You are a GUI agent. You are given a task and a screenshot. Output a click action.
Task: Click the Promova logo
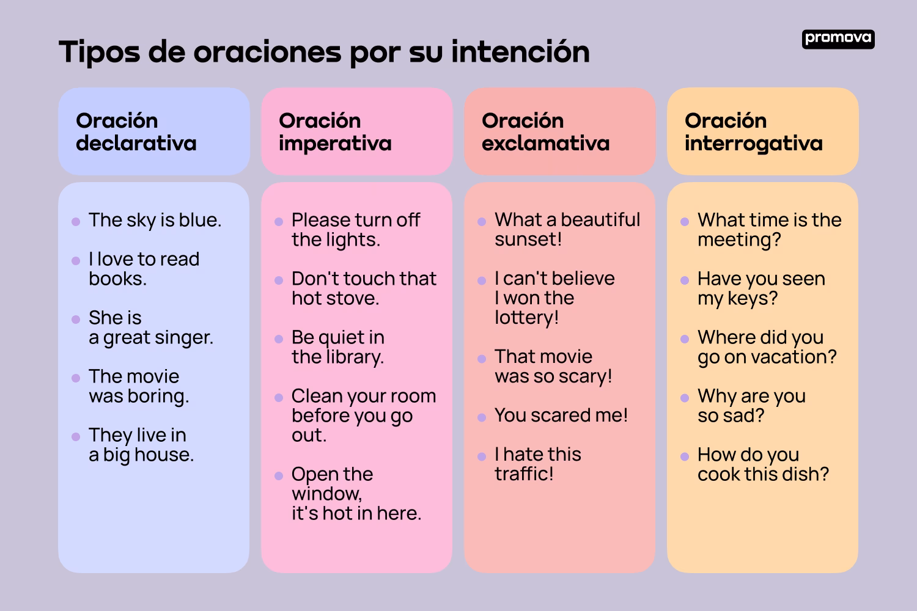point(838,39)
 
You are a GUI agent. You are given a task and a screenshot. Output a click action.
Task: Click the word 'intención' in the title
point(520,52)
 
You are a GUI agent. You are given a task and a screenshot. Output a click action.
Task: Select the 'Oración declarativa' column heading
point(136,132)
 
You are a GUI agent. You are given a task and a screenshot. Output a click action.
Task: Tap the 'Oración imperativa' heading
point(335,132)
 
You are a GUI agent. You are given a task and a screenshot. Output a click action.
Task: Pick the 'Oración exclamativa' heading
point(545,132)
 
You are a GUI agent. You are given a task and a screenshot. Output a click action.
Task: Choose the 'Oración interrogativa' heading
point(753,132)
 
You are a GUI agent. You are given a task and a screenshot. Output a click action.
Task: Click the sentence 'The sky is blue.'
point(155,220)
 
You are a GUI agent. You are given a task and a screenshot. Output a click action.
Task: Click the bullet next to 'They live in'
point(76,437)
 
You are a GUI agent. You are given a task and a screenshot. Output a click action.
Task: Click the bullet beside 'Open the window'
point(279,476)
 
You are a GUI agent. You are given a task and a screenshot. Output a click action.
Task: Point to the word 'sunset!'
point(528,240)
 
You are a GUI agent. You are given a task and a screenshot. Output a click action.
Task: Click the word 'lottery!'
point(526,318)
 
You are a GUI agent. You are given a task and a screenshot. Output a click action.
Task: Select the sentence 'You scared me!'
point(561,415)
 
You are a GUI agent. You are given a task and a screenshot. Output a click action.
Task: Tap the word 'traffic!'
point(524,474)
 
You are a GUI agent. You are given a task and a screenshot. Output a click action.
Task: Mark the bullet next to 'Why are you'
point(685,398)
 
